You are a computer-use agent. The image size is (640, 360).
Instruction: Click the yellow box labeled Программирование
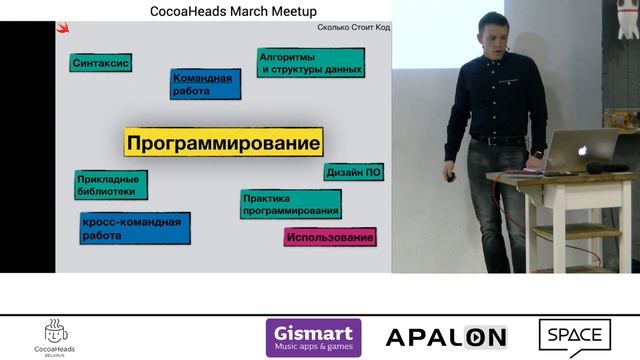click(x=224, y=142)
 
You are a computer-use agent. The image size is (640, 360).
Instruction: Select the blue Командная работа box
click(x=206, y=84)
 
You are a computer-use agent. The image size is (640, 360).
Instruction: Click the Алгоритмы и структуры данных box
click(x=310, y=63)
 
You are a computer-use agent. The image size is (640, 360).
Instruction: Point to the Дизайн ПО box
click(x=353, y=173)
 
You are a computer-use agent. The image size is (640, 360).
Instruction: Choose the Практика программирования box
click(x=290, y=204)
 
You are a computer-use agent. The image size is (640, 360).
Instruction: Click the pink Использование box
click(x=330, y=237)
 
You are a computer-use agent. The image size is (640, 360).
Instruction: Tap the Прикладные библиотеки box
click(x=110, y=183)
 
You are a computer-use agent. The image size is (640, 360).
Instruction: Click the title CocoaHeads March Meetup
click(x=239, y=10)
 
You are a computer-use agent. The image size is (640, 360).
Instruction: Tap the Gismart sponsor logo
click(x=314, y=337)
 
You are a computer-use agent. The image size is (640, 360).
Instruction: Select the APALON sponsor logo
click(x=446, y=337)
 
